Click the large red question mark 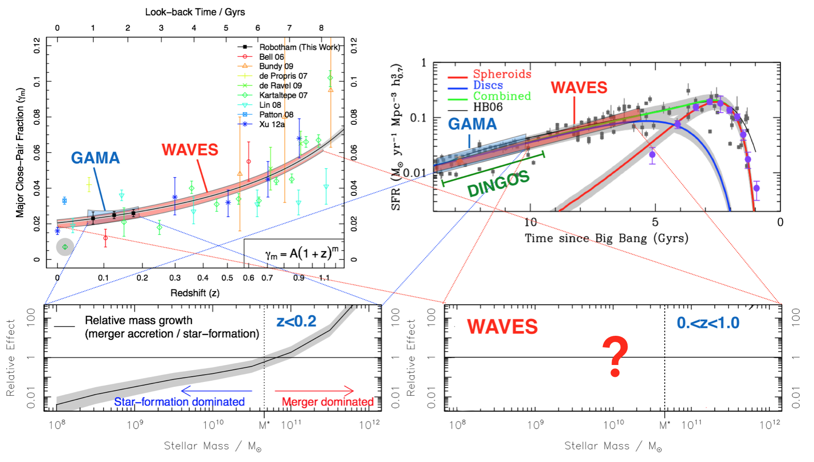click(x=615, y=357)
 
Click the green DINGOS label click(x=498, y=184)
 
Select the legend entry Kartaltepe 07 click(x=283, y=95)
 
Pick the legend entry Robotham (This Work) click(x=299, y=47)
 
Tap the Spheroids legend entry click(x=502, y=74)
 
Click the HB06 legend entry click(x=488, y=107)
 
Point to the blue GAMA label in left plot click(x=95, y=158)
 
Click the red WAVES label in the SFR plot click(x=579, y=88)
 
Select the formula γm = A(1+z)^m click(x=301, y=254)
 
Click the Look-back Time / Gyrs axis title click(x=195, y=12)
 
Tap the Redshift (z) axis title click(x=195, y=293)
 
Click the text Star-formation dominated click(x=179, y=402)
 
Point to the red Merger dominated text click(x=327, y=402)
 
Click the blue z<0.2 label click(x=296, y=321)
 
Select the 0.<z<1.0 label click(x=708, y=323)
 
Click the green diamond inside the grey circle click(x=65, y=247)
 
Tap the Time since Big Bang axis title click(x=606, y=238)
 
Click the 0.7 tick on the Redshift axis click(x=267, y=278)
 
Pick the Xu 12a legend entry click(x=272, y=124)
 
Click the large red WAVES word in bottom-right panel click(x=502, y=327)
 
